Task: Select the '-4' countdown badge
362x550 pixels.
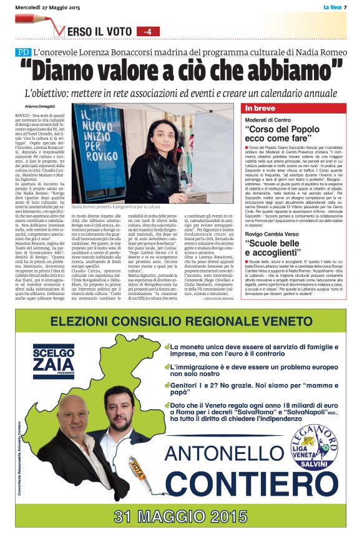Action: (147, 31)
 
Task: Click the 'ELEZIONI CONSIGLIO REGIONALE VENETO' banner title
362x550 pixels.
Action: (181, 322)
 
